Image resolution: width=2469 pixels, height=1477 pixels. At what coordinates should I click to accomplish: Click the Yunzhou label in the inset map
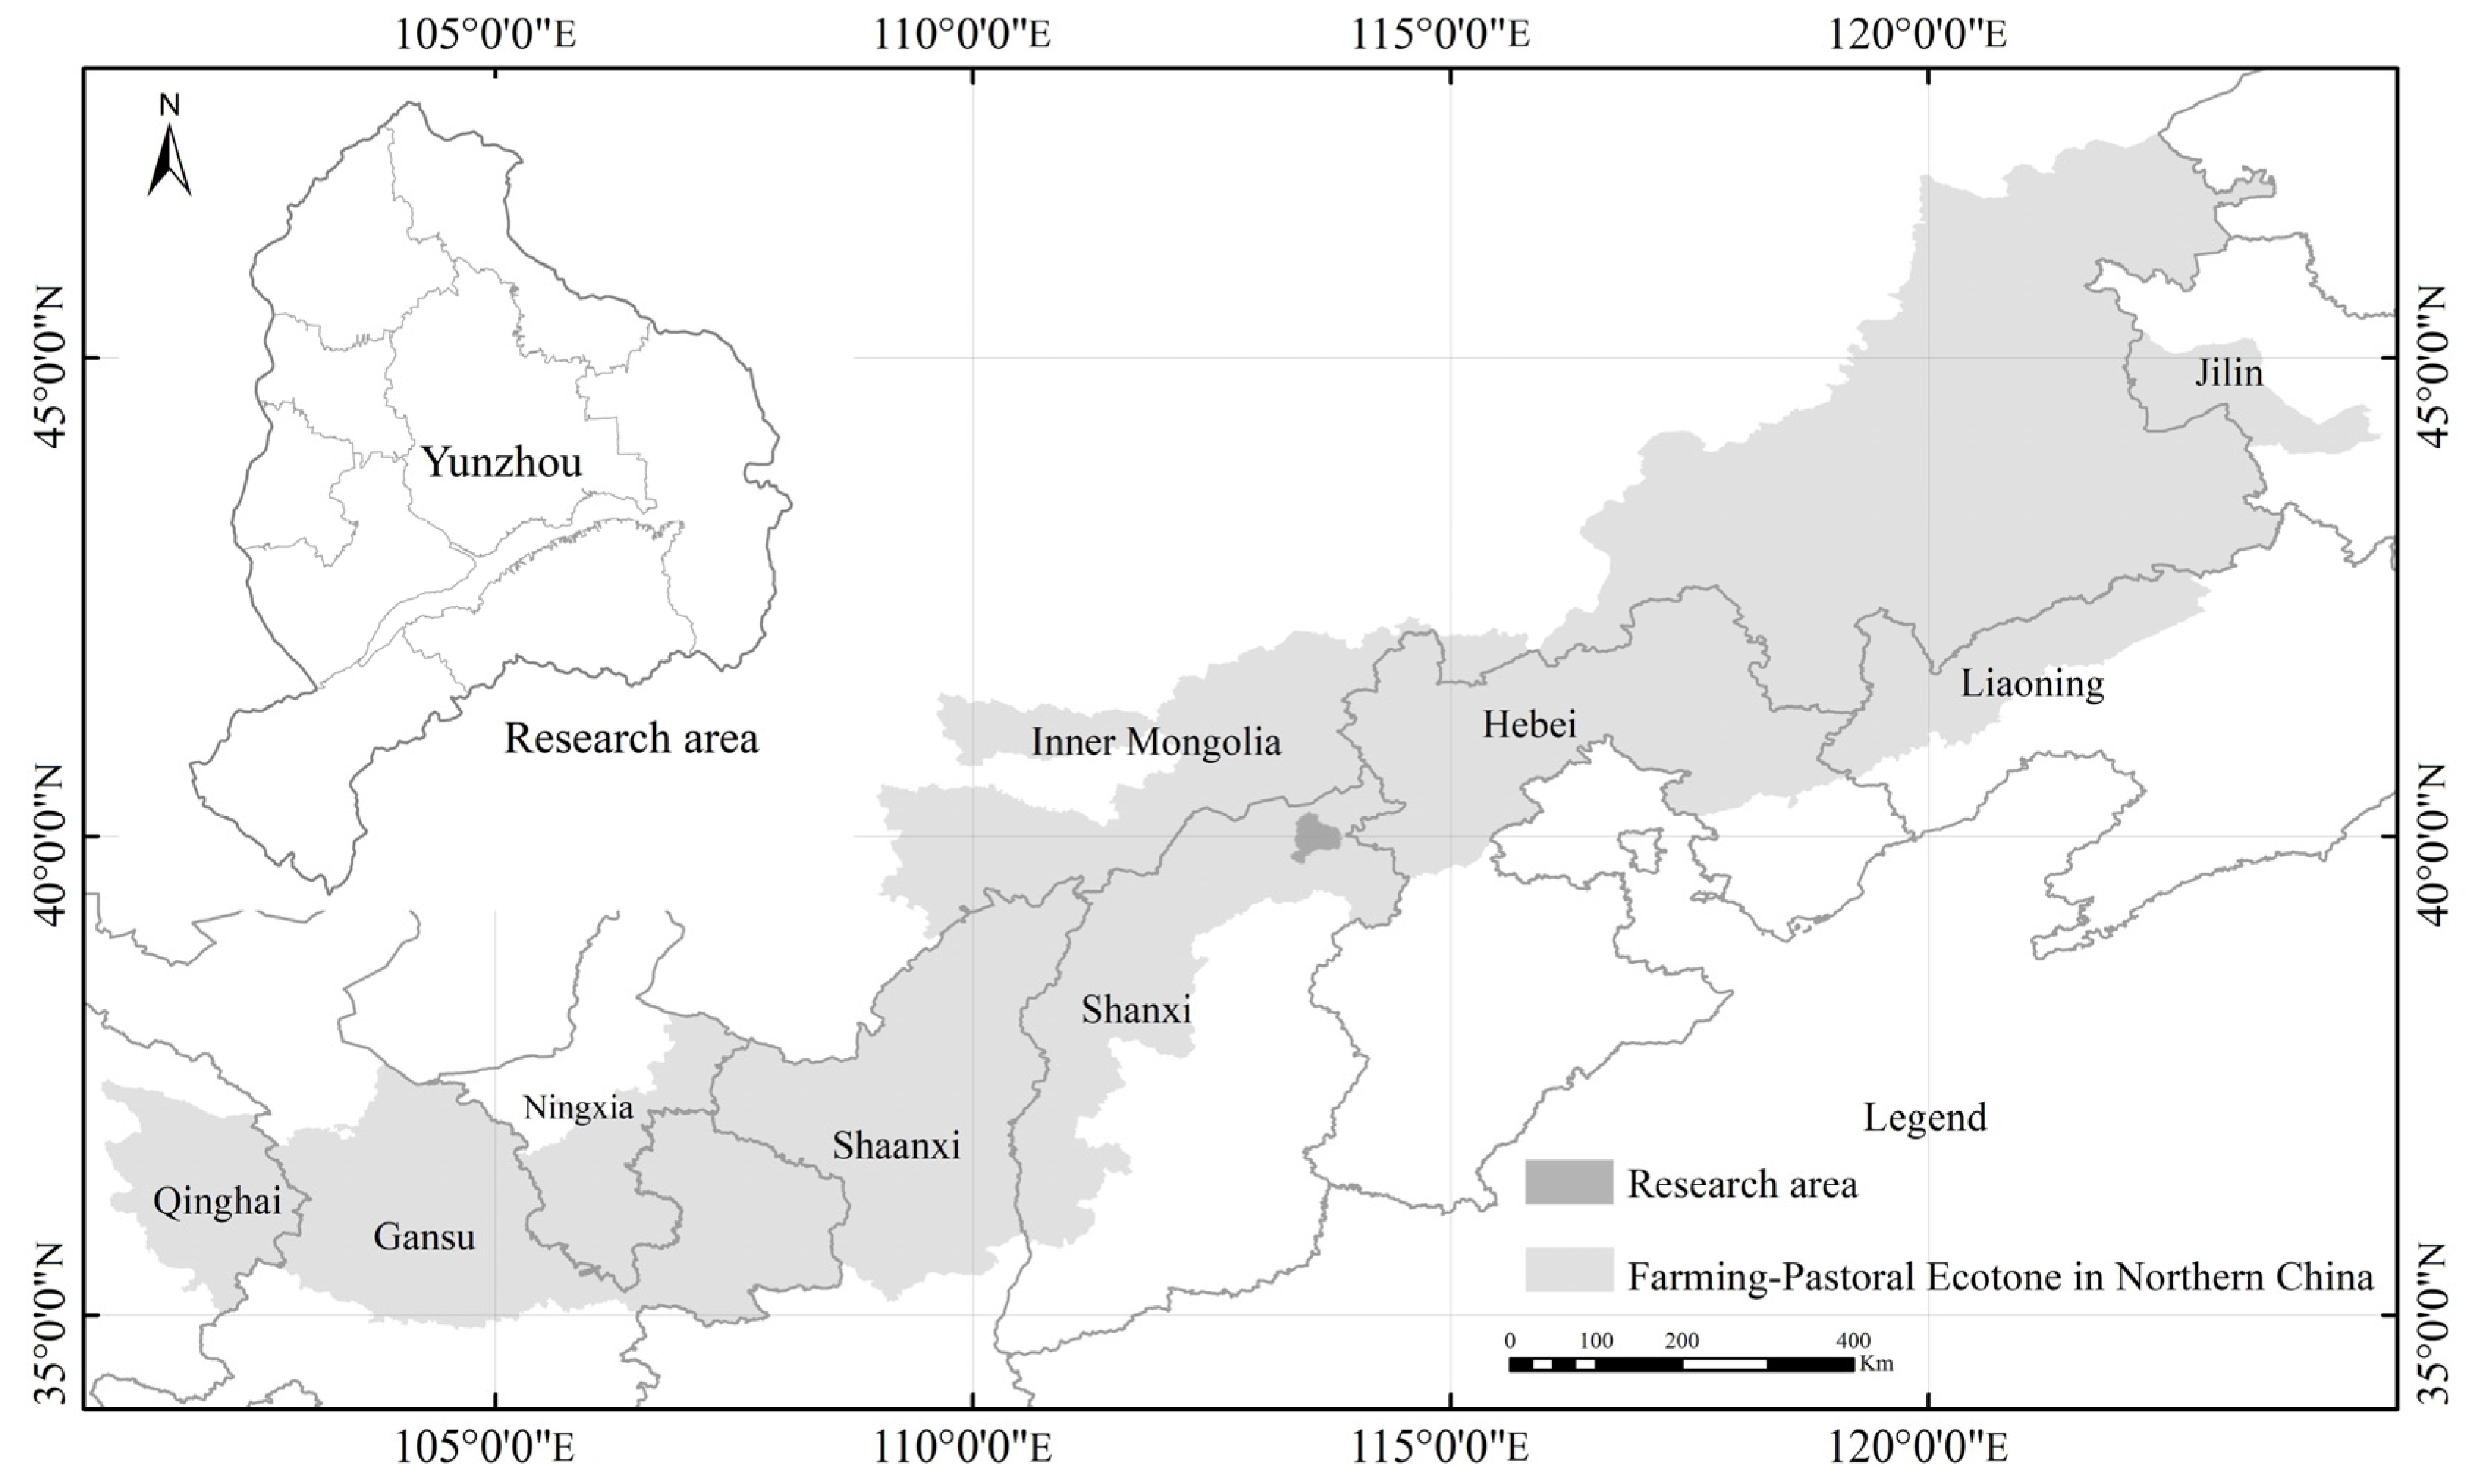[502, 463]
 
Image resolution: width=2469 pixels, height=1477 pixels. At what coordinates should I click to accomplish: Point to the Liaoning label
[2032, 683]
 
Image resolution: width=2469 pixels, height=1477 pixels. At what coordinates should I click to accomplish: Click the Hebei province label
[1530, 724]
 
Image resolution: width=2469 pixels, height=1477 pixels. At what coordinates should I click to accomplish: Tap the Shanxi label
[1135, 1011]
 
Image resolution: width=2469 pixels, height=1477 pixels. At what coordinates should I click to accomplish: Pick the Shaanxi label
[895, 1146]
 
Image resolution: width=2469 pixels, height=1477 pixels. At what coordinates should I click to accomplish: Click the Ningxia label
[578, 1107]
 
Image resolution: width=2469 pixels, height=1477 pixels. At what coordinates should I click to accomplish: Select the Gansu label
[424, 1237]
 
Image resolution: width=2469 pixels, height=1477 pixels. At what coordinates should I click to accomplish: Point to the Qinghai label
[217, 1201]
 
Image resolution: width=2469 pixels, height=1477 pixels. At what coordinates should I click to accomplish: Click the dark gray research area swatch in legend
[1569, 1182]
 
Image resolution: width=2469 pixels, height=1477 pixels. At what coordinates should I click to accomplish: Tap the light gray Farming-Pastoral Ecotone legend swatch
[1569, 1270]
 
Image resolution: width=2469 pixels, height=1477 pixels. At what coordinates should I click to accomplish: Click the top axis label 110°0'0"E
[962, 35]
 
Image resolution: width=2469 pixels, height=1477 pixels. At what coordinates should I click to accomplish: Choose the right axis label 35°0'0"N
[2429, 1324]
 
